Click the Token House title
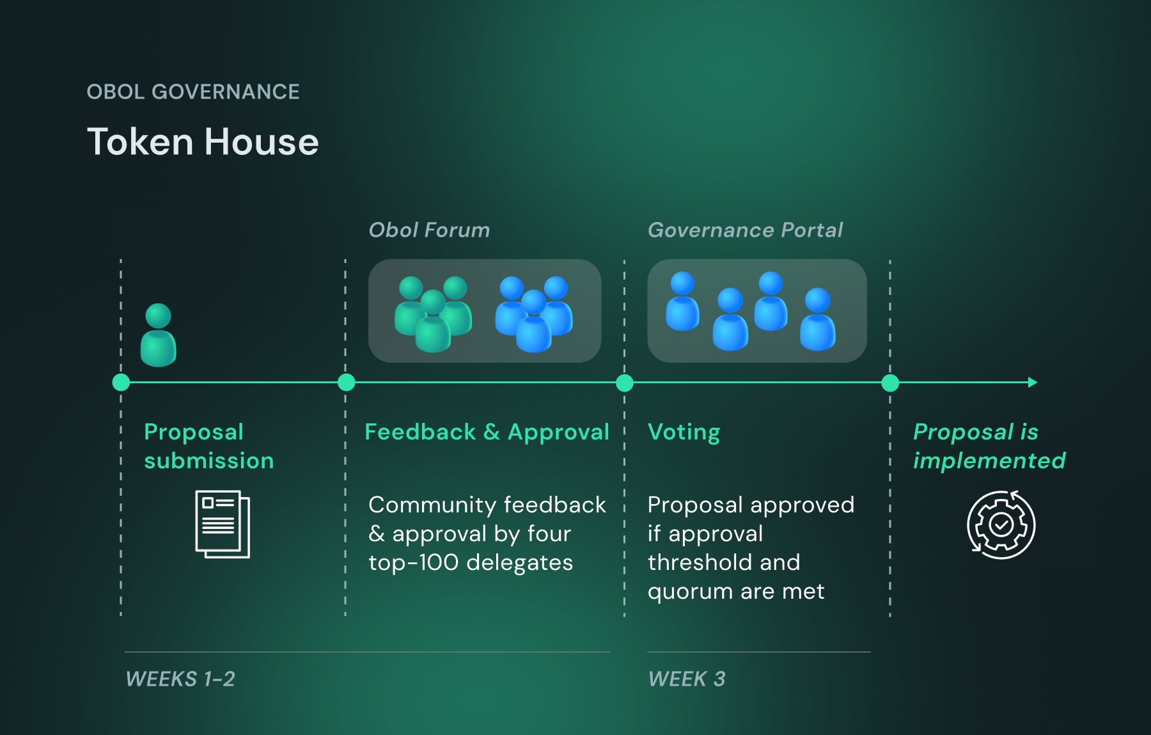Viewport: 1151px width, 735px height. (203, 141)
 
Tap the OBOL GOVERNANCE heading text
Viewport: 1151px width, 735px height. (193, 91)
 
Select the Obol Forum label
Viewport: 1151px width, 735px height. (429, 230)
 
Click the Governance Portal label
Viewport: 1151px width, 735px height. (745, 230)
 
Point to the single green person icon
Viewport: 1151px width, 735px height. (159, 336)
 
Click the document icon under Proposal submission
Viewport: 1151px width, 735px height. (223, 524)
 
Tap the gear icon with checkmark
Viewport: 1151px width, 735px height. (1001, 525)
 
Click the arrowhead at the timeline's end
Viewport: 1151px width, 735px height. (1032, 383)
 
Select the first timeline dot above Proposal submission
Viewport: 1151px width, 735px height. (121, 383)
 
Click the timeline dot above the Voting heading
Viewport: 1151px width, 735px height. (625, 383)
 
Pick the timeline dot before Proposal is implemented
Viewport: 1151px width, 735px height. (890, 383)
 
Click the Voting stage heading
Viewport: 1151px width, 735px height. (684, 432)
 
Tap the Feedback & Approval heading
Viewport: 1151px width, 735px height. (487, 432)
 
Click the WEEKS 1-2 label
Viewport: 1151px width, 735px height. (180, 679)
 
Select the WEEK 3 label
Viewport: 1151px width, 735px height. (687, 679)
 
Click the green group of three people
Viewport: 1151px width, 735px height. (433, 313)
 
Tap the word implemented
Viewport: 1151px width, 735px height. (989, 461)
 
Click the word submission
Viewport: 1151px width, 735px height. (209, 461)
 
